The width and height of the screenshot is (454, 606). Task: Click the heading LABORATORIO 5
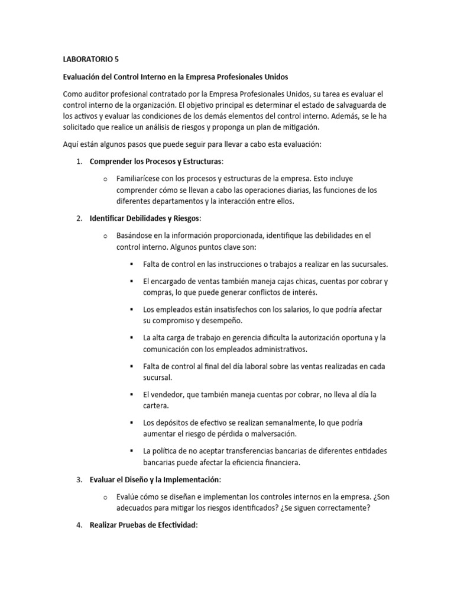[x=90, y=60]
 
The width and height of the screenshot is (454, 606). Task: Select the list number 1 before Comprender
[x=79, y=162]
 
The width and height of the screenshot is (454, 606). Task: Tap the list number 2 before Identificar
[x=79, y=218]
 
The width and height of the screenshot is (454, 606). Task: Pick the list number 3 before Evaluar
[x=79, y=479]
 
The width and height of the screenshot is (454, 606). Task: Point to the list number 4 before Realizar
[x=79, y=525]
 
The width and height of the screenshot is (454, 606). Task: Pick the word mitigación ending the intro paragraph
[x=294, y=127]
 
